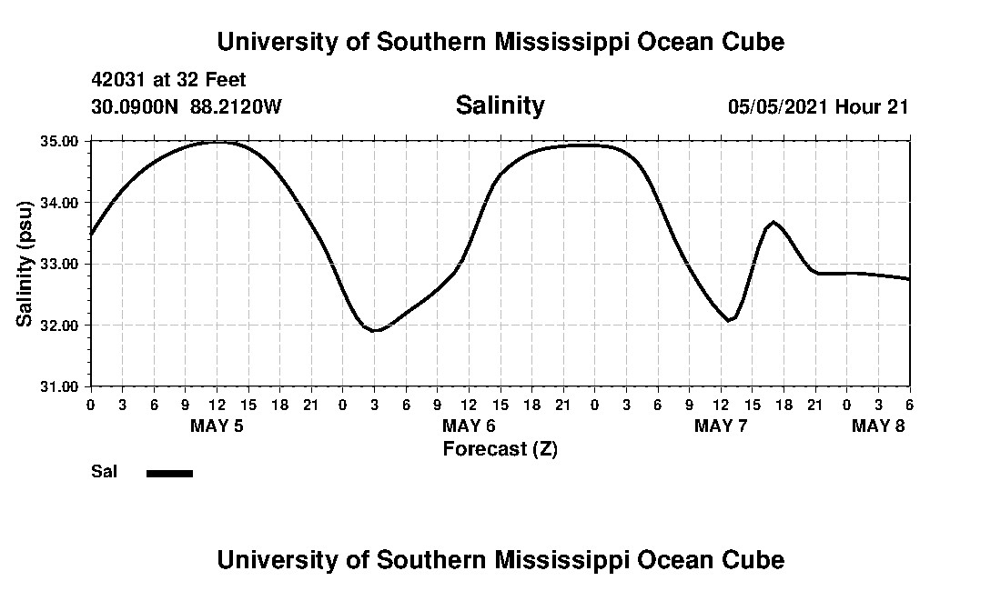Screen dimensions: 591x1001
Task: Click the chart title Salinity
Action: tap(500, 105)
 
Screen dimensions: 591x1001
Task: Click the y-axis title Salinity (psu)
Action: tap(25, 264)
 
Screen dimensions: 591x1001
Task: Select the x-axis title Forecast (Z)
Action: tap(500, 448)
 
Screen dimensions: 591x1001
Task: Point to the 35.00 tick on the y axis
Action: tap(59, 141)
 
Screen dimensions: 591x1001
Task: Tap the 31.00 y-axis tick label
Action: tap(59, 386)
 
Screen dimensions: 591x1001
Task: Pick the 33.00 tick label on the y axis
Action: tap(59, 264)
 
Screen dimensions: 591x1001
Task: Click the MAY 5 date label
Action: tap(217, 426)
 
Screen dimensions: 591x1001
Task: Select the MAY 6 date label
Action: tap(469, 426)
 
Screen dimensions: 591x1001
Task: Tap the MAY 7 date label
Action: tap(721, 426)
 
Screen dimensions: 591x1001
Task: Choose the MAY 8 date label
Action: tap(878, 426)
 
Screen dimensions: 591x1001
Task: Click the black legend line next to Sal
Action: tap(169, 473)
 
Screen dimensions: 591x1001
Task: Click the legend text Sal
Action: tap(102, 471)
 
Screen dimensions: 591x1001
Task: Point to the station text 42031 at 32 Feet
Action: tap(168, 80)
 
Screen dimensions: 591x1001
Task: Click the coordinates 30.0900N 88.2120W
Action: tap(187, 106)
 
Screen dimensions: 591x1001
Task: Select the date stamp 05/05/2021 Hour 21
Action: tap(818, 106)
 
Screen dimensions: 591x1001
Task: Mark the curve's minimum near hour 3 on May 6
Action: tap(375, 330)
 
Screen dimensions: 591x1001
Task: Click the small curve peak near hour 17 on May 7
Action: tap(773, 222)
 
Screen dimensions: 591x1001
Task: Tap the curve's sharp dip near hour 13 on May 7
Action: tap(729, 320)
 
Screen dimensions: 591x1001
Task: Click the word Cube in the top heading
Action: tap(752, 42)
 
